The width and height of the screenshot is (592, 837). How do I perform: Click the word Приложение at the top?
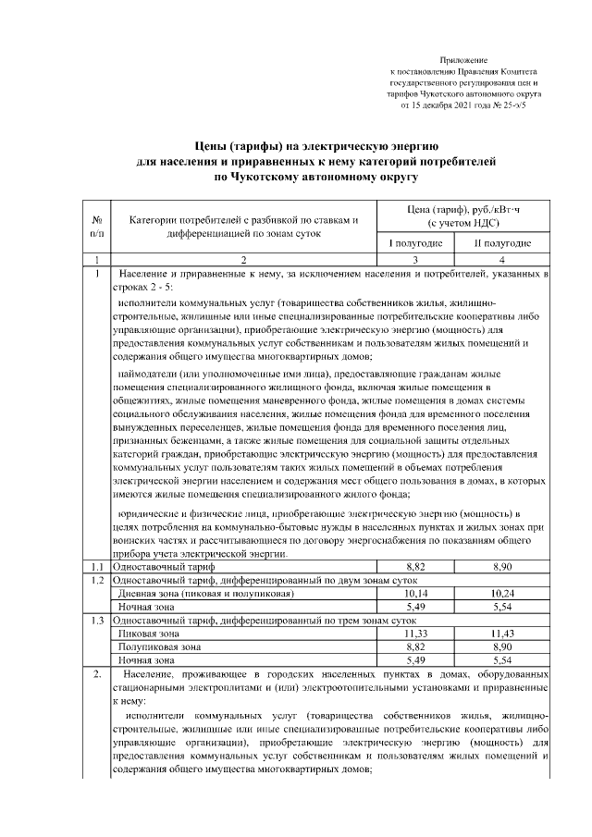[x=463, y=59]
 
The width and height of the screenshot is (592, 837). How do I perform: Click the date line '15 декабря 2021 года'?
[x=462, y=106]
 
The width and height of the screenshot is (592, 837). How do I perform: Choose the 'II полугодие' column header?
[x=502, y=243]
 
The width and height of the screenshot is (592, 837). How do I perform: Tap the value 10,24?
[x=502, y=592]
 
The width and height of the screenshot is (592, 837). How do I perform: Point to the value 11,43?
[x=502, y=634]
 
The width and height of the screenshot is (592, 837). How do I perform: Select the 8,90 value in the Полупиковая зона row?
[x=502, y=648]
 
